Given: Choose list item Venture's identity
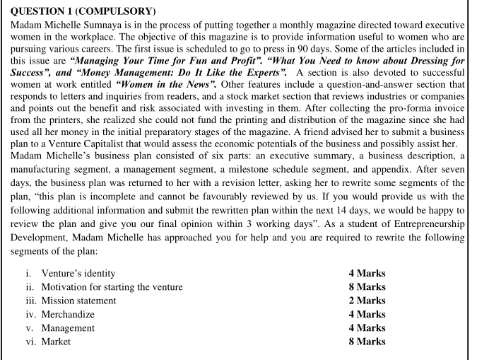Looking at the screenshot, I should [x=78, y=274].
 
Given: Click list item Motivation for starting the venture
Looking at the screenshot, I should [x=112, y=287].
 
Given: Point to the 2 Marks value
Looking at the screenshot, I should [x=367, y=301].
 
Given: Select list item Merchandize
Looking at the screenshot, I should [x=68, y=314].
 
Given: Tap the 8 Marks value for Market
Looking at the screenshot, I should [x=367, y=342].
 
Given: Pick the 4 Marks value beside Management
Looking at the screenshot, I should [x=367, y=328].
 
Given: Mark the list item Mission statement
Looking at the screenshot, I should [x=79, y=301].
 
